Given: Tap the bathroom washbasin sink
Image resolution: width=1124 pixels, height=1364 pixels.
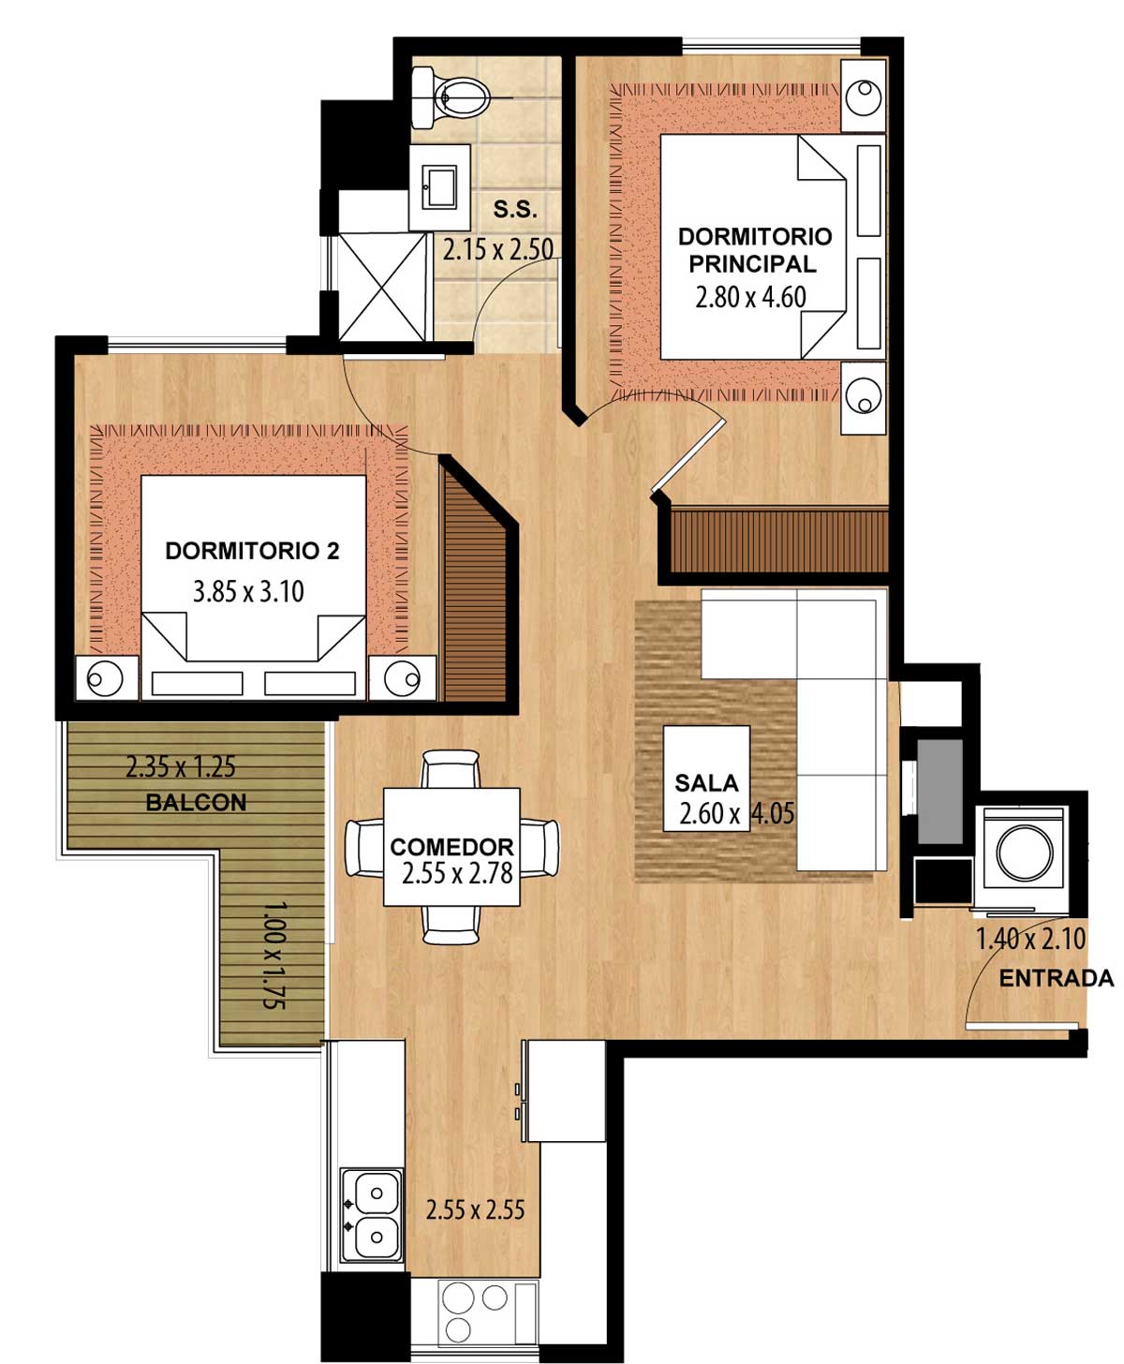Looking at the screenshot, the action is (x=439, y=186).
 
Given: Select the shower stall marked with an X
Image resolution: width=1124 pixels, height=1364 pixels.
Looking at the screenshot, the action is (x=382, y=288).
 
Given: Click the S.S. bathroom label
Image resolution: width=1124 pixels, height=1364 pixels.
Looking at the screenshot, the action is (x=515, y=209).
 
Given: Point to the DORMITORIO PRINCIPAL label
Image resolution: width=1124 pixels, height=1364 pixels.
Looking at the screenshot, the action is (x=754, y=250).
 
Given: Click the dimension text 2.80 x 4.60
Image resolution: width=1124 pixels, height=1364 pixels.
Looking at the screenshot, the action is (x=750, y=298).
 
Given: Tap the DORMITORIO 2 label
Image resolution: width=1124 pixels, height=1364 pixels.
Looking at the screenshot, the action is (x=252, y=551).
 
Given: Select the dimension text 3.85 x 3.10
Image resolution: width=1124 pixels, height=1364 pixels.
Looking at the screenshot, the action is (x=248, y=592).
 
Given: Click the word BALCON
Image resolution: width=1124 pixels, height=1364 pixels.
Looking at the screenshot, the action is (x=196, y=802).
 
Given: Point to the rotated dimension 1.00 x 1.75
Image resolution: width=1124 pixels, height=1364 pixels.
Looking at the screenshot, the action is (x=274, y=955).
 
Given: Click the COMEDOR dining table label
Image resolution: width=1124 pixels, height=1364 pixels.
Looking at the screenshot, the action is (x=451, y=847).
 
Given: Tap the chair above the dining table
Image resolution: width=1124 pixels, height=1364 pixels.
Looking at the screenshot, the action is (x=451, y=769).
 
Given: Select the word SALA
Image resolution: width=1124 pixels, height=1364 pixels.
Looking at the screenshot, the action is (x=706, y=782).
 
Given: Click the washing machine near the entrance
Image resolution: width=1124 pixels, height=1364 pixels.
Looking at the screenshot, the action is (x=1023, y=858).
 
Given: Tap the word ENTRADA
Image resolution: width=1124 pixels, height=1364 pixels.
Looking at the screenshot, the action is (x=1056, y=978).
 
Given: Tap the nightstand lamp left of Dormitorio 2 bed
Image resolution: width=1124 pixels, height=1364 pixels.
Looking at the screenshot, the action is (x=107, y=678).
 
